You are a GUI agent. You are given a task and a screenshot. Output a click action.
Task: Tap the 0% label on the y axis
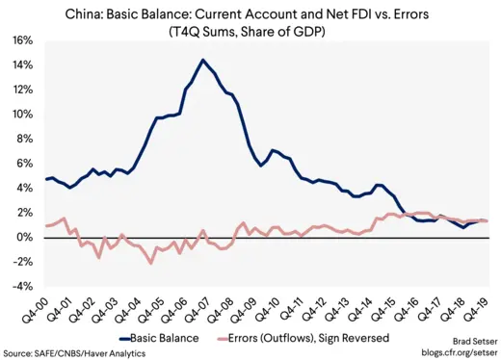pyautogui.click(x=23, y=237)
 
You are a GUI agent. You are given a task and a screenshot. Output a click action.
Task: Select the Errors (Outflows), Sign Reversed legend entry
pyautogui.click(x=307, y=338)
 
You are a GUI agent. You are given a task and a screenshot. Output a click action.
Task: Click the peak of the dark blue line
pyautogui.click(x=202, y=61)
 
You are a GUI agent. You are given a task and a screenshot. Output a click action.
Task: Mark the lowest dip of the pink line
pyautogui.click(x=150, y=262)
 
